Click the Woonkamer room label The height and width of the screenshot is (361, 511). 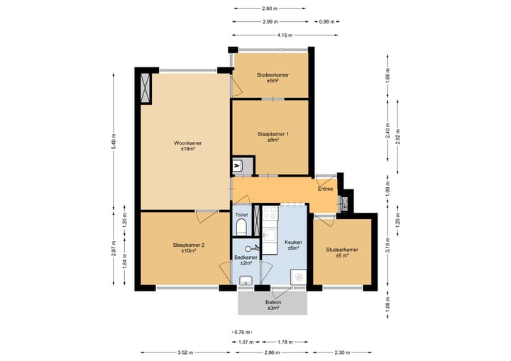(187, 146)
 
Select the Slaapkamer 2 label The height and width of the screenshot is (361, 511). (189, 248)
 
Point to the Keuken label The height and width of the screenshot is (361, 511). (293, 245)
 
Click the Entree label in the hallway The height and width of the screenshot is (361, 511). (326, 189)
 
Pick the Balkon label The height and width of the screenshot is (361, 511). (273, 305)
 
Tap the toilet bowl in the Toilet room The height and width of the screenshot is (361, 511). (241, 227)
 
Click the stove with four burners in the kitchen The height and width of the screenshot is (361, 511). (270, 213)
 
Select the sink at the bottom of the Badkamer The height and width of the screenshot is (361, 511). (246, 281)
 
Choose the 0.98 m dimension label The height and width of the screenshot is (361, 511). (327, 22)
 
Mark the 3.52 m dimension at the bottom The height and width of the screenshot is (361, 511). (185, 352)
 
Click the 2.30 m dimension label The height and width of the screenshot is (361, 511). (342, 352)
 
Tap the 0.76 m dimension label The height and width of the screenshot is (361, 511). (242, 333)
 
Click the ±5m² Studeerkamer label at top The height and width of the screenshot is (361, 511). (273, 77)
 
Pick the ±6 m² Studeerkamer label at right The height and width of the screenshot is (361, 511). (342, 252)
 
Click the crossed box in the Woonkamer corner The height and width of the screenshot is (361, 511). (145, 88)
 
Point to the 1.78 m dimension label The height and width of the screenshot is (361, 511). (285, 342)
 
